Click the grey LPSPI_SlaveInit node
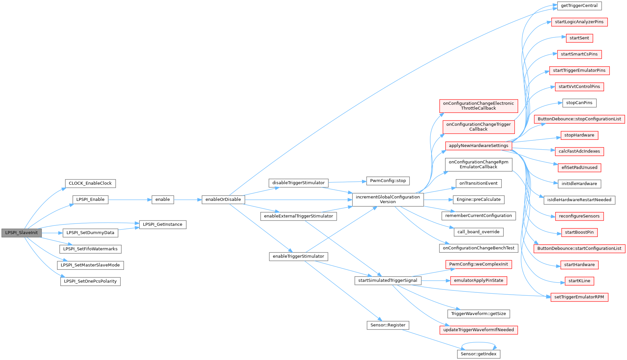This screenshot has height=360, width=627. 22,233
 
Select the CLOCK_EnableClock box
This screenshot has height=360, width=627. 90,183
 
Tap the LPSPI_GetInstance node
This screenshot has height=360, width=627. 163,224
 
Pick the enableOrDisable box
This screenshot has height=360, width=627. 223,200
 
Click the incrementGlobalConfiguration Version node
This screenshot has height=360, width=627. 388,200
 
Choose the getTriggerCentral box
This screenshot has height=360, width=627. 579,6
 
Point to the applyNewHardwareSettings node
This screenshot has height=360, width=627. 478,146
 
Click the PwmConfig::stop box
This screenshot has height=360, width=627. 388,181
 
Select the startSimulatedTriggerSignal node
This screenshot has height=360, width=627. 388,281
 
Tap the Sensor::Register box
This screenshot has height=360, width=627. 388,325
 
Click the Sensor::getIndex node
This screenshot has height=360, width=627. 478,354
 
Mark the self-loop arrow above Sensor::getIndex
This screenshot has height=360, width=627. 479,343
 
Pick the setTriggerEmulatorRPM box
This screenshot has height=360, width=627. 579,297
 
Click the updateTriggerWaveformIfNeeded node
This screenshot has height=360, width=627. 478,330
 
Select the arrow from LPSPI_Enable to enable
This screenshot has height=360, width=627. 130,200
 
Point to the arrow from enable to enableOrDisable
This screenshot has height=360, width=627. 188,200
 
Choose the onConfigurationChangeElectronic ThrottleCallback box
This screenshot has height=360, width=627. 478,106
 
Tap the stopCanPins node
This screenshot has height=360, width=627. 579,103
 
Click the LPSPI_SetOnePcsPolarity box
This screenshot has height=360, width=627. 90,281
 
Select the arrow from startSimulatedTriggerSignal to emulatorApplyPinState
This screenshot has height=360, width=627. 435,281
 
